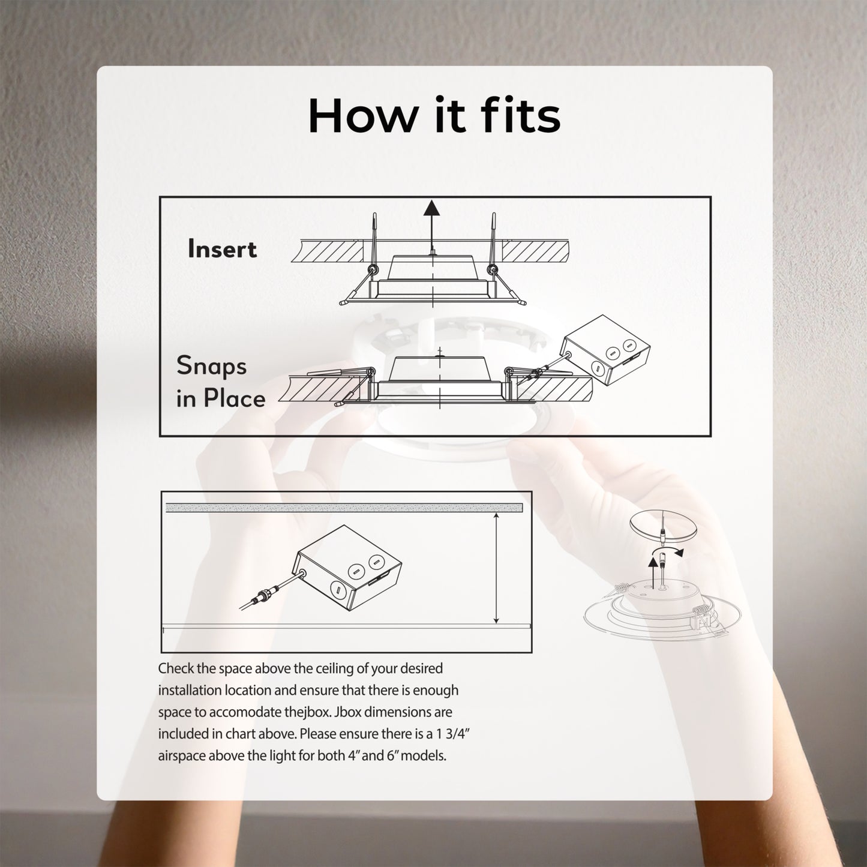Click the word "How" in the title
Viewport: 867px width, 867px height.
(362, 115)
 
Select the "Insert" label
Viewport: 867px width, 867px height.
(222, 249)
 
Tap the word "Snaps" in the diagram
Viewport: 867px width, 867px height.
(211, 366)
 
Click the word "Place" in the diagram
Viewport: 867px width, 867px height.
(235, 398)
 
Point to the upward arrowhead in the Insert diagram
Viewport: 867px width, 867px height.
(431, 208)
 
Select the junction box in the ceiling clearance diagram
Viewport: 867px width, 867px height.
(347, 568)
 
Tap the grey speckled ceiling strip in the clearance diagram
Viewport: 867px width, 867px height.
(344, 508)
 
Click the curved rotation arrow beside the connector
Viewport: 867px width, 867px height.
(669, 551)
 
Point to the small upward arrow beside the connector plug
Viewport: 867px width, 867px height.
(652, 571)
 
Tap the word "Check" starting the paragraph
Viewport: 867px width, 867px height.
(176, 668)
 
